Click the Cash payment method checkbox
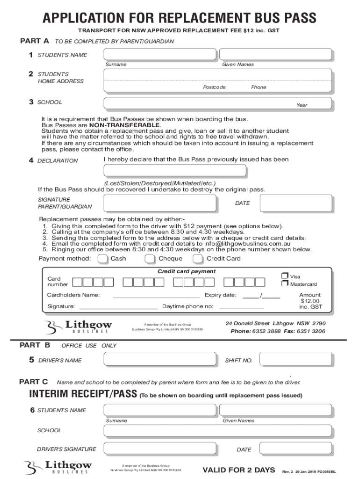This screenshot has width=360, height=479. point(102,259)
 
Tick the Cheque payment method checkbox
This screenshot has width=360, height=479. point(150,259)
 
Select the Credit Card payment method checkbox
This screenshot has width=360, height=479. point(198,259)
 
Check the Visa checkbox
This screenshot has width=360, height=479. point(284,276)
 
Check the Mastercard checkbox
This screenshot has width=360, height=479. point(284,283)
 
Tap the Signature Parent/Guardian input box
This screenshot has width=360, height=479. point(160,203)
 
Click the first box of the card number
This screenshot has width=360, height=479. point(77,282)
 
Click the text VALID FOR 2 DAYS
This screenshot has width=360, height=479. point(238,470)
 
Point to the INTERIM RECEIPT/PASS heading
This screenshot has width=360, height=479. point(83,394)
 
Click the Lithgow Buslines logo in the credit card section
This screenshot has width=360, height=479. point(79,327)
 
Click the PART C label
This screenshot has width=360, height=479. point(33,382)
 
